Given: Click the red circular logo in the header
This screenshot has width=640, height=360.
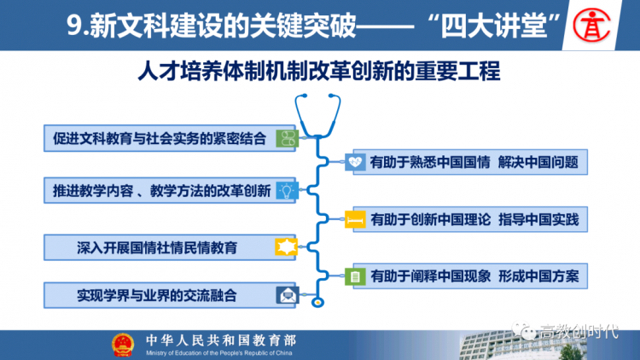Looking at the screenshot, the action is [591, 26].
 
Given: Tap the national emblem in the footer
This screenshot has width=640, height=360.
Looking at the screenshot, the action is [123, 345].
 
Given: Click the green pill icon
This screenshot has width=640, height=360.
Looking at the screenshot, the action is [288, 138].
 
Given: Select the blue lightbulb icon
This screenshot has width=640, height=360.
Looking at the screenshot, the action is [287, 190].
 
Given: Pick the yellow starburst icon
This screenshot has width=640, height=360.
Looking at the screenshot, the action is [286, 247].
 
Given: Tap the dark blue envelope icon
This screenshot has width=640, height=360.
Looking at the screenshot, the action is [288, 294].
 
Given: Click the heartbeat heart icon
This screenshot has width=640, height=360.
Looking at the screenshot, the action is [355, 162].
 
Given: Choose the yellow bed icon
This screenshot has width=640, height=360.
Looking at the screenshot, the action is [355, 219].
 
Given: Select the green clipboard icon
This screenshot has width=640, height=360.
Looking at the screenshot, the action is [355, 276].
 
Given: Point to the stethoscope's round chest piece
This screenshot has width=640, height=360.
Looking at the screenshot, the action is [317, 303].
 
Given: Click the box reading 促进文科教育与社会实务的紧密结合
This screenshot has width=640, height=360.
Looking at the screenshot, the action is [170, 138].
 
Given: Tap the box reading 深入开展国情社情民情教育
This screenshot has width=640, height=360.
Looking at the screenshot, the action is [170, 247].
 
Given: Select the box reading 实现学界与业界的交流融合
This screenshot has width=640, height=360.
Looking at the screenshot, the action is [170, 295].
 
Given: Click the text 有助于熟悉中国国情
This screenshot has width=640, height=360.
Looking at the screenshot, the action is [430, 162].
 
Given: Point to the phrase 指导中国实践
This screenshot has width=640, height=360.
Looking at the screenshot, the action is [538, 219].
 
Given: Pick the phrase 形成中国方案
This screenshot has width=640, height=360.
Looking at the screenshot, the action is [538, 276].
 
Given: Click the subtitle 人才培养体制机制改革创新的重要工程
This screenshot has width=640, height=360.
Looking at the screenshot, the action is [319, 71].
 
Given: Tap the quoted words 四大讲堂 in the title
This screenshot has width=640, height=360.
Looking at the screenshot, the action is [493, 26].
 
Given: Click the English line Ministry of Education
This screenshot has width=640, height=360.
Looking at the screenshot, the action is [218, 353].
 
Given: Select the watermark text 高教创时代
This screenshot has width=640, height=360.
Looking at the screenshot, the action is [579, 332].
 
